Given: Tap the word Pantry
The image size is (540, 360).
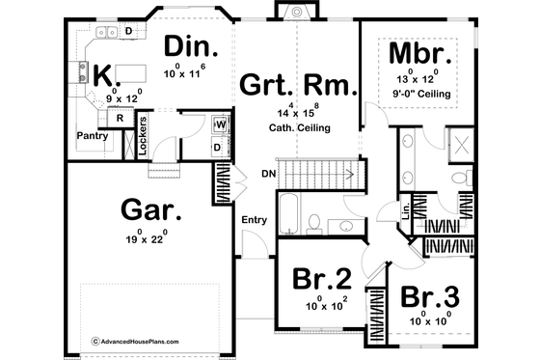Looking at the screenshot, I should [94, 136].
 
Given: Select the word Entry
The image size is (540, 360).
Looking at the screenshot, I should [255, 220].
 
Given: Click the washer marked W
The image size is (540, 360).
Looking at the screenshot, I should [221, 125].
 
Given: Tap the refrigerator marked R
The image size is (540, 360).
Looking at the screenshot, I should [119, 118].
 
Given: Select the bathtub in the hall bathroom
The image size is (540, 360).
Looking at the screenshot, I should [288, 213].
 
